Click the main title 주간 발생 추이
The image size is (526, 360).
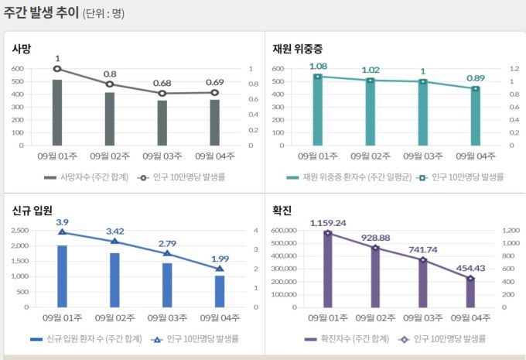pyautogui.click(x=40, y=13)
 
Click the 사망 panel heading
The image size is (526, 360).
pyautogui.click(x=22, y=49)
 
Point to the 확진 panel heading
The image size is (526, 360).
pyautogui.click(x=282, y=211)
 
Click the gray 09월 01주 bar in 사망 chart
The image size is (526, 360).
pyautogui.click(x=57, y=112)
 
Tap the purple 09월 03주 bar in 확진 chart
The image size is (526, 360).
pyautogui.click(x=422, y=283)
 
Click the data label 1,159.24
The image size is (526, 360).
pyautogui.click(x=327, y=223)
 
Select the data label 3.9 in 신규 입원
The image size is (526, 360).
pyautogui.click(x=62, y=222)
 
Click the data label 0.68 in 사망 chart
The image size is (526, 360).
pyautogui.click(x=162, y=84)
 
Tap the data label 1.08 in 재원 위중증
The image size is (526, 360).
pyautogui.click(x=318, y=67)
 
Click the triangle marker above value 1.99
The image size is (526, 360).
pyautogui.click(x=219, y=269)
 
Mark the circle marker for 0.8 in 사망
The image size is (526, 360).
pyautogui.click(x=110, y=84)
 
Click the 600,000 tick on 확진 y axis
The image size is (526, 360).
pyautogui.click(x=279, y=230)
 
